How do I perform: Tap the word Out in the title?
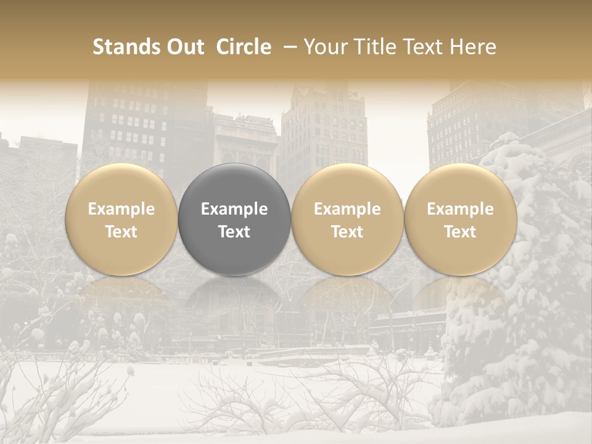pos(183,47)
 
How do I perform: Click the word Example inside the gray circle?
pos(234,209)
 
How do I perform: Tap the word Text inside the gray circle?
pos(234,232)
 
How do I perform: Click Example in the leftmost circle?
pos(121,209)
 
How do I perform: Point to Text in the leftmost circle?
pos(121,232)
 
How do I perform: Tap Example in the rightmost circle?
pos(460,209)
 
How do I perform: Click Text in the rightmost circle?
pos(460,232)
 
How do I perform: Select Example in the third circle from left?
pos(347,209)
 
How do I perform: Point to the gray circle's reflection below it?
pos(234,296)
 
